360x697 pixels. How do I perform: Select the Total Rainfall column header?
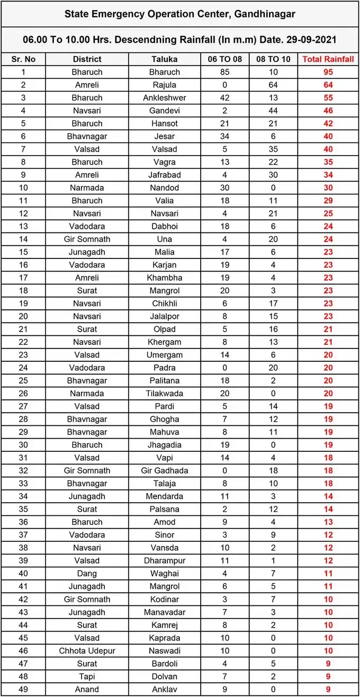click(328, 59)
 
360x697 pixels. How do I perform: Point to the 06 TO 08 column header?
click(224, 59)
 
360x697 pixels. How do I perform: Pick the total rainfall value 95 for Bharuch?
click(328, 72)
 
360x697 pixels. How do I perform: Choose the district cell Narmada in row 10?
click(87, 187)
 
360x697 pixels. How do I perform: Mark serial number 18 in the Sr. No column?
click(23, 290)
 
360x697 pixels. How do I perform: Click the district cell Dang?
click(87, 573)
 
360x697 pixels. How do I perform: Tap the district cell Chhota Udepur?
click(87, 650)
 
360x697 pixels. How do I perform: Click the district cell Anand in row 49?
click(87, 689)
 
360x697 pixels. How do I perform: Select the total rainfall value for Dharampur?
click(328, 560)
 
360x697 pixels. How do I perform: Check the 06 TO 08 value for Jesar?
click(224, 136)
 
